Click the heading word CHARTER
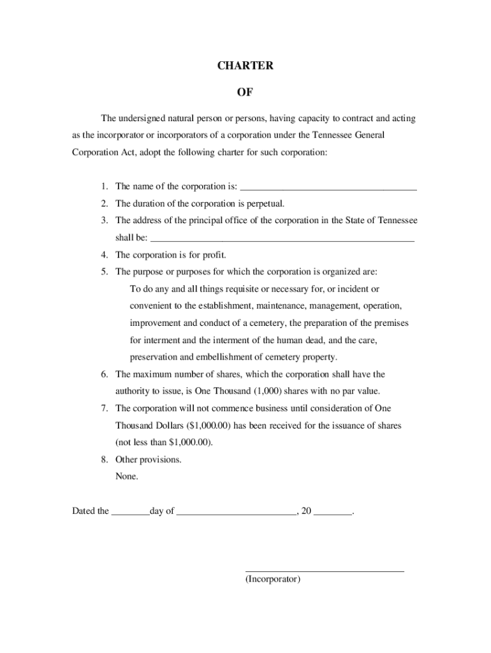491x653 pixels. pos(245,66)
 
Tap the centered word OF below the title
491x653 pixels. pos(245,92)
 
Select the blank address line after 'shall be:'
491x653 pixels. pos(282,240)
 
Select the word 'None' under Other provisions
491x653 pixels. pos(126,476)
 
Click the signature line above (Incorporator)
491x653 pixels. pos(325,570)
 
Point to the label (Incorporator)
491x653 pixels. pos(272,580)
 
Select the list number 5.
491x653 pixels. pos(103,272)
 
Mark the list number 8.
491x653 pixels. pos(103,460)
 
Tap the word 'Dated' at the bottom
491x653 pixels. pos(84,511)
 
